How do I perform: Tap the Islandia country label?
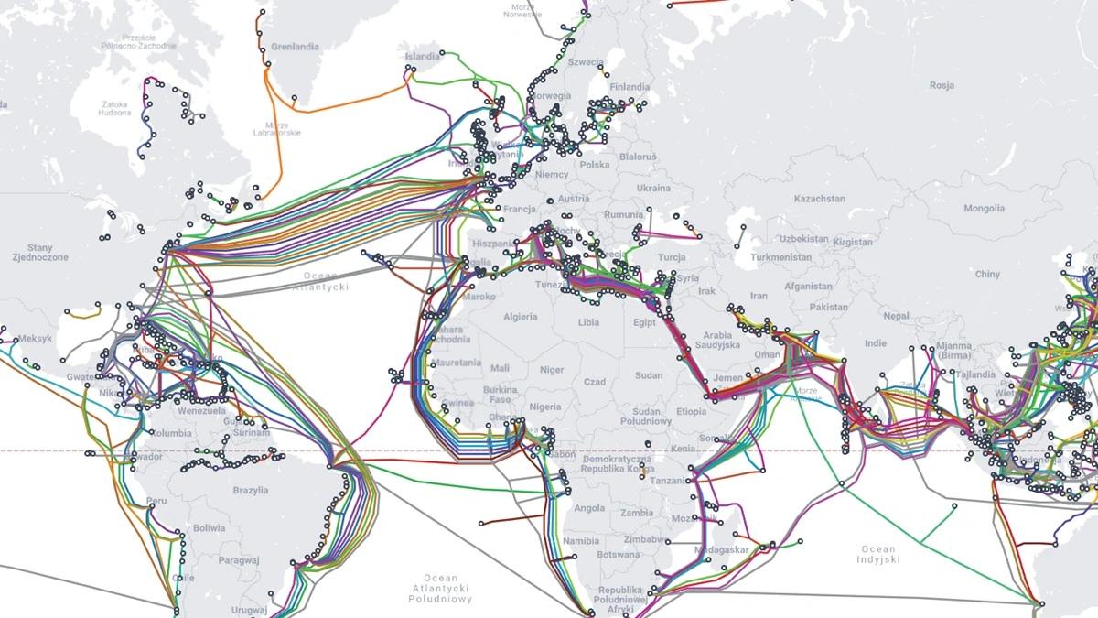423,57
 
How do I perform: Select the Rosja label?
942,85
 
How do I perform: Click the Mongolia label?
984,209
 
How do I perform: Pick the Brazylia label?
251,491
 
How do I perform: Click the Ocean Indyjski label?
878,554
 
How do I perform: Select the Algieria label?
521,317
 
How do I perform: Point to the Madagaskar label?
723,549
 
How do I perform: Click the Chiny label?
987,274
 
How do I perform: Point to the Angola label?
588,508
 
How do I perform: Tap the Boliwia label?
209,528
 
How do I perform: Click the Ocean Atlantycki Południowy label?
440,588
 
